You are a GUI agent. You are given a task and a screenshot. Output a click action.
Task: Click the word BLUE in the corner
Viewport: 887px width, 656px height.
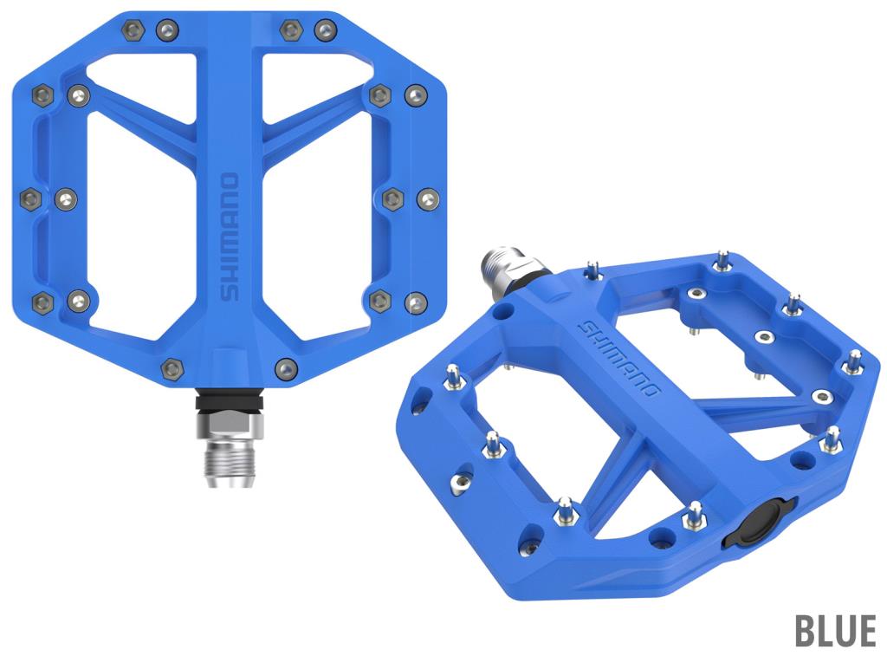[835, 630]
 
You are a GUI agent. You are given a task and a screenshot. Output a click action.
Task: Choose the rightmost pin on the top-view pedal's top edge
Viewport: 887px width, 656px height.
[326, 29]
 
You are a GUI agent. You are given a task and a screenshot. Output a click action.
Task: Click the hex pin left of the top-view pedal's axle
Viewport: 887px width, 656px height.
[172, 368]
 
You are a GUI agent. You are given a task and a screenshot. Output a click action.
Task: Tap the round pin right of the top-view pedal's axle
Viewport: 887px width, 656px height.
[286, 368]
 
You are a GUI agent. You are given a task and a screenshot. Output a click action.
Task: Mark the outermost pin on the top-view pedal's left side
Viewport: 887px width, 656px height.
[30, 198]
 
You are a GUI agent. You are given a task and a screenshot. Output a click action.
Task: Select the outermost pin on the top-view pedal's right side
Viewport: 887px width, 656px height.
[428, 198]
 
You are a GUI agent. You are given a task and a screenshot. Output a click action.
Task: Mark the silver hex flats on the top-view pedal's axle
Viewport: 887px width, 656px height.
[230, 425]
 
